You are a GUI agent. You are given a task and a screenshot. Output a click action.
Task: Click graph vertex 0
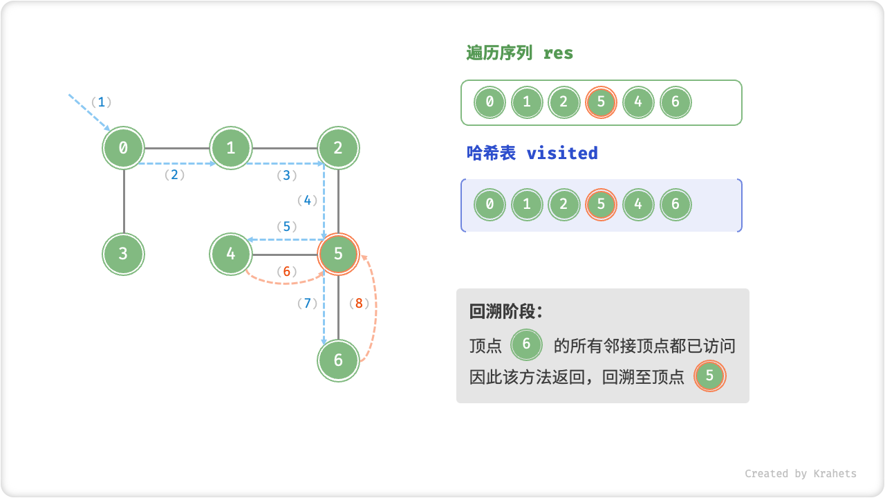[x=124, y=147]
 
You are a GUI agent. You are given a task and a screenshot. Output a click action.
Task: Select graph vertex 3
[x=124, y=254]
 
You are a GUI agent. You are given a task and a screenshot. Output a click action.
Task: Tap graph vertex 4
[x=231, y=254]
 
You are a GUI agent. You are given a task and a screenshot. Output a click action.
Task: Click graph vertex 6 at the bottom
[x=339, y=360]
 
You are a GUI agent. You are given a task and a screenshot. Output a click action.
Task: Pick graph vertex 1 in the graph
[x=231, y=147]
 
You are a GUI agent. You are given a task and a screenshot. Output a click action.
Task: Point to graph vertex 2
[x=339, y=147]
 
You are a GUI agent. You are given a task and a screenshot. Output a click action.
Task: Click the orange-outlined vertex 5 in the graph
[x=339, y=254]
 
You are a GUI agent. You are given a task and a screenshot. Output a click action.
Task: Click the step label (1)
[x=101, y=102]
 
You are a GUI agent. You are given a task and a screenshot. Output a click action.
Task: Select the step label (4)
[x=307, y=201]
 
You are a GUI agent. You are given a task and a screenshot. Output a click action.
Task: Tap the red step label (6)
[x=286, y=272]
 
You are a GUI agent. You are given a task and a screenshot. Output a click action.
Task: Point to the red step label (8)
[x=359, y=303]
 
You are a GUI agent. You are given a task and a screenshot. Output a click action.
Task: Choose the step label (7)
[x=307, y=303]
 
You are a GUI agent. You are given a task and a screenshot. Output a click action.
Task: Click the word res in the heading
[x=558, y=53]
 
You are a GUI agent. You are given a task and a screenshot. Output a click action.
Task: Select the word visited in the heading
[x=562, y=153]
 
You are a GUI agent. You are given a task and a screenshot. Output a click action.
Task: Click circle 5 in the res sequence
[x=601, y=103]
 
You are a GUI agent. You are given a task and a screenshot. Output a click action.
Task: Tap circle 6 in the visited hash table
[x=676, y=205]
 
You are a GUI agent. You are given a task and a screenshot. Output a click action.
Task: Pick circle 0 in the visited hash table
[x=490, y=205]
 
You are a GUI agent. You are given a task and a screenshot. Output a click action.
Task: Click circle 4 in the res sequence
[x=638, y=103]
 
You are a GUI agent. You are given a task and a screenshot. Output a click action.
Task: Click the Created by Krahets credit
[x=800, y=474]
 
